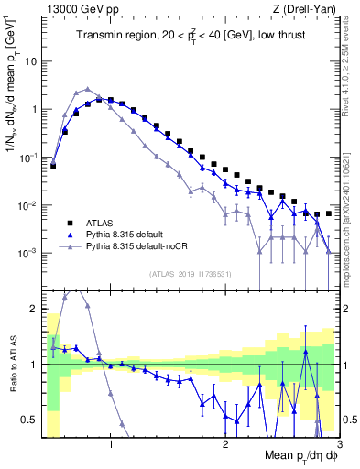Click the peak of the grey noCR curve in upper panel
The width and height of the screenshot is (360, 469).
[87, 89]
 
